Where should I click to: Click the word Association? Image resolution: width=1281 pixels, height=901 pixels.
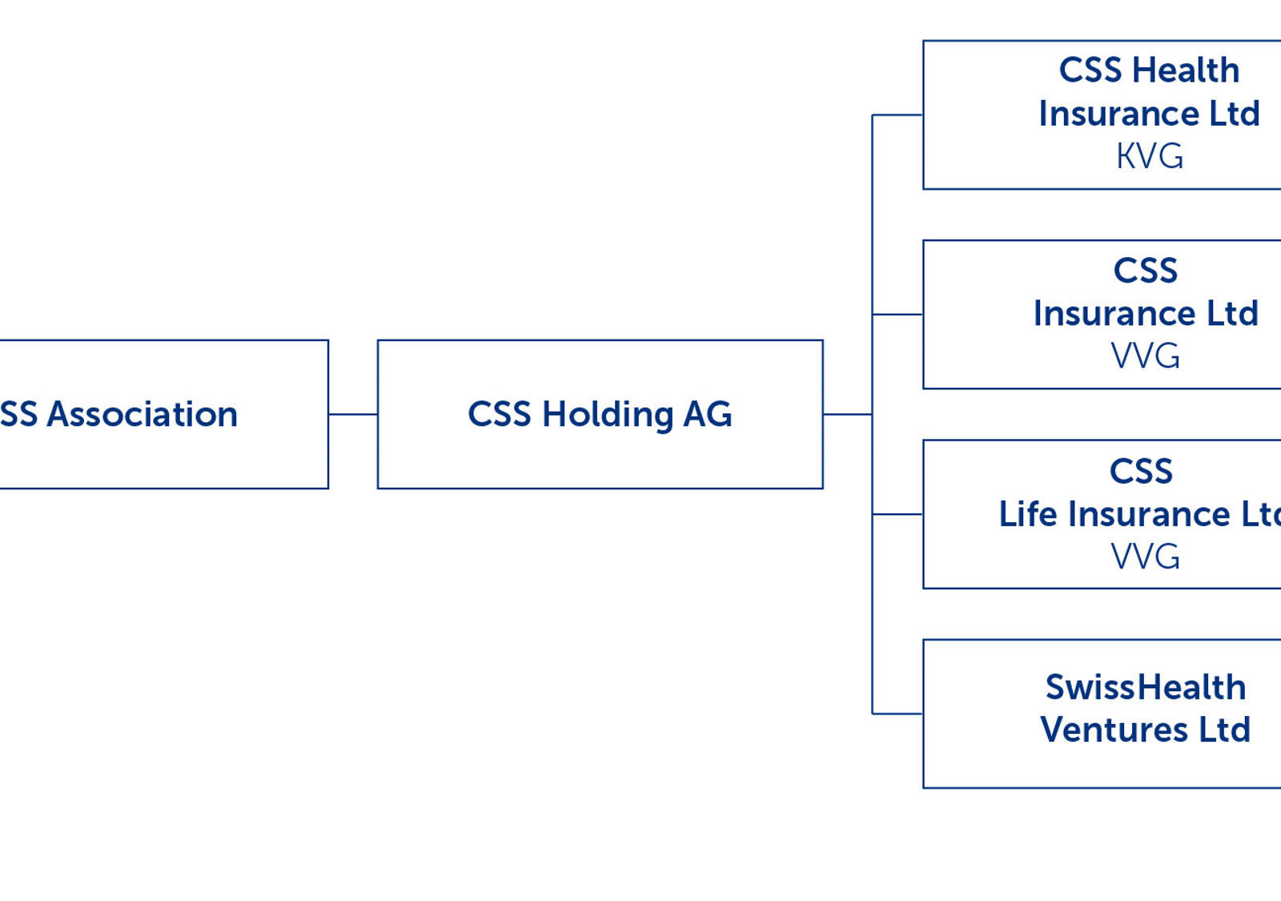142,414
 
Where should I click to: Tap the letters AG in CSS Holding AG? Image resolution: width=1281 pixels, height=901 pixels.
707,414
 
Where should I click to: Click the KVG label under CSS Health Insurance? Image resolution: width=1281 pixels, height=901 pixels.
1149,156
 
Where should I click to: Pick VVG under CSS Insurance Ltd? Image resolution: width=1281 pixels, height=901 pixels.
1145,356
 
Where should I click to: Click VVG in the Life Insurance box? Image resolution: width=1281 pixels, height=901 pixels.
1145,556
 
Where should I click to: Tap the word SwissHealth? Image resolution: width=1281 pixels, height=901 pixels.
1145,687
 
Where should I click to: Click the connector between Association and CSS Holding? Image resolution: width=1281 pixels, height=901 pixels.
352,414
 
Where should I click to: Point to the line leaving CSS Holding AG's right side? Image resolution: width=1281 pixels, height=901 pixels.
847,414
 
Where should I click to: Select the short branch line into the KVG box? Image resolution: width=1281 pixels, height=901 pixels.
898,115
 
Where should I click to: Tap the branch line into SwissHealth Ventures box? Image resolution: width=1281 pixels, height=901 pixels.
898,713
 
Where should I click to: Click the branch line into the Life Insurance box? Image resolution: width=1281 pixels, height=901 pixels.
898,514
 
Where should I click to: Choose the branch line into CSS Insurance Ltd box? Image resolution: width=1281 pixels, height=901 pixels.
898,314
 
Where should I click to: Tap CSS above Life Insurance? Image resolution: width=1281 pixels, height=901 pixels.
1140,471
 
